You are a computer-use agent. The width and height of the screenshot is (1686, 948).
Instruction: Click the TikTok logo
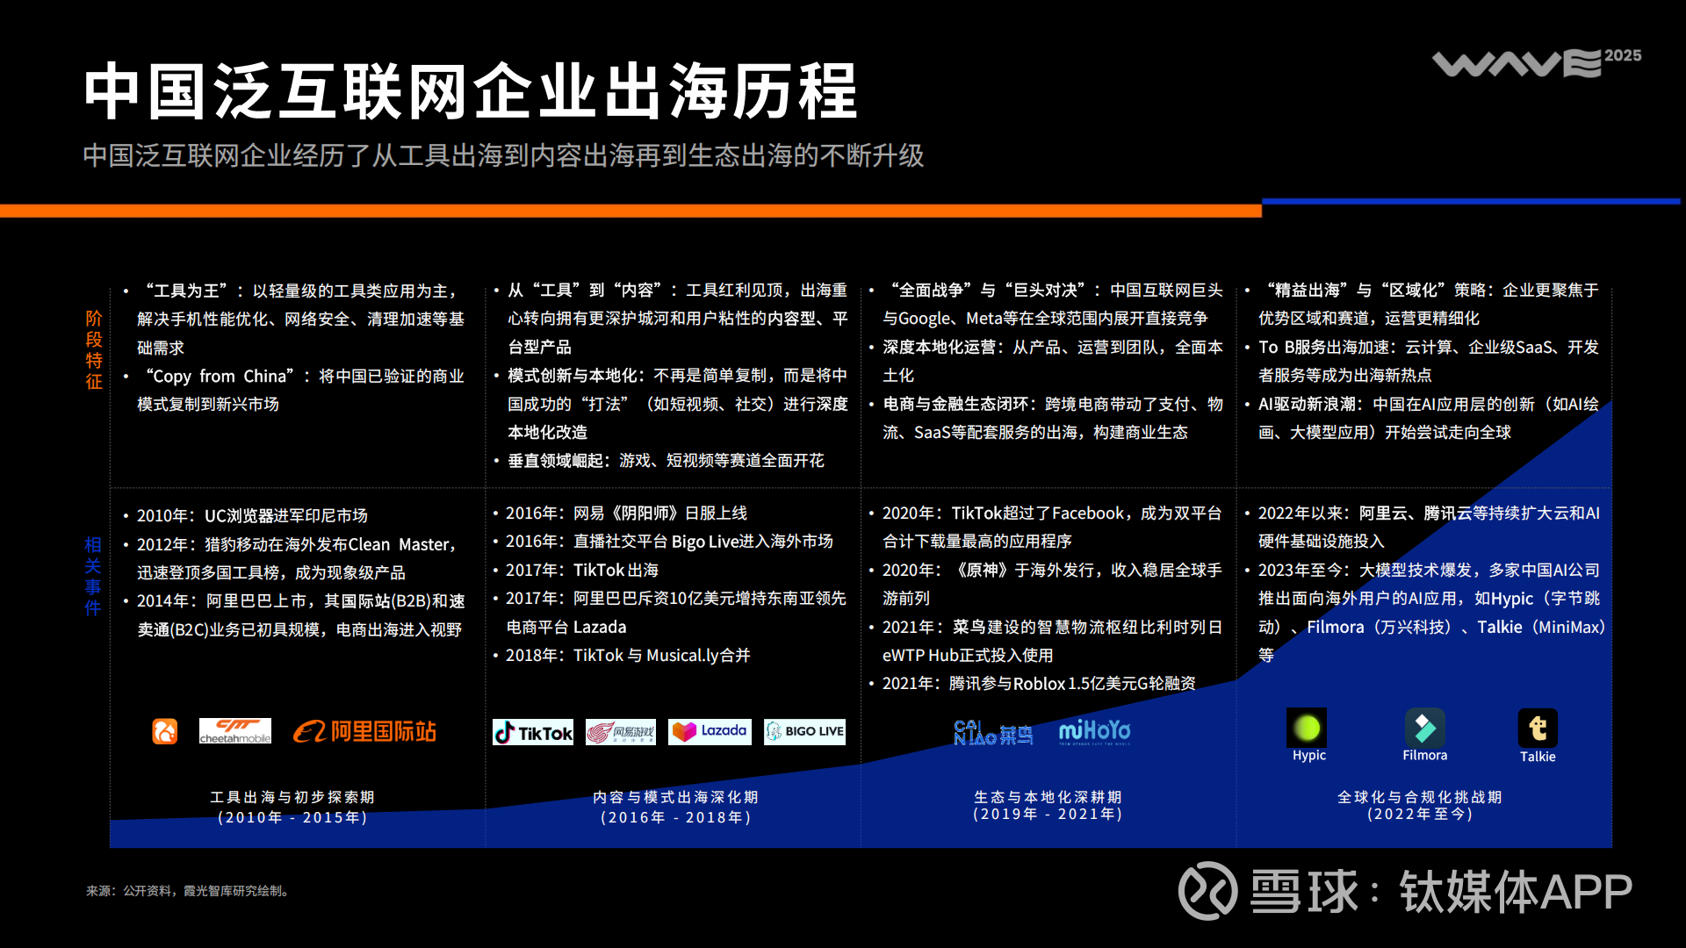(x=533, y=732)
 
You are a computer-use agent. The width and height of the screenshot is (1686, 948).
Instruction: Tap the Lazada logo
(x=710, y=731)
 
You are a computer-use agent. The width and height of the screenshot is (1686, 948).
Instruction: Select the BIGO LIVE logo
(x=804, y=731)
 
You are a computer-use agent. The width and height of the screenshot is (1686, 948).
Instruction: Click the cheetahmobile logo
(x=235, y=731)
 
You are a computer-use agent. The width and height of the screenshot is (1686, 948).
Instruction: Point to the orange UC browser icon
(x=165, y=731)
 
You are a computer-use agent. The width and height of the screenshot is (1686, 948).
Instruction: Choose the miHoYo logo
(x=1094, y=731)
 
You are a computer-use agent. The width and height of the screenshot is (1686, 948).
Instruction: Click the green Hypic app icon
(x=1307, y=728)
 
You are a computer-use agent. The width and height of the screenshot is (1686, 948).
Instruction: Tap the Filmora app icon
(x=1424, y=728)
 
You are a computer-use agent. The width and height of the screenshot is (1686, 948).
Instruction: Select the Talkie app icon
(x=1538, y=729)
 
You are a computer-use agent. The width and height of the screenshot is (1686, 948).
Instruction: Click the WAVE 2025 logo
(x=1537, y=62)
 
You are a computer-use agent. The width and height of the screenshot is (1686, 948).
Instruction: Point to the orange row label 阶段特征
(x=94, y=349)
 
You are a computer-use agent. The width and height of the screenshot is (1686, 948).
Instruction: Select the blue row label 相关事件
(x=93, y=576)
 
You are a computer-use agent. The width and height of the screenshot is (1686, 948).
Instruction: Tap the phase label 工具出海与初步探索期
(x=292, y=797)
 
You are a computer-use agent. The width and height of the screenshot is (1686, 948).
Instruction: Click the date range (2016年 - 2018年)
(x=676, y=817)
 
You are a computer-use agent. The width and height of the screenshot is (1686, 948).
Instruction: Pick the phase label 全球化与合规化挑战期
(x=1420, y=797)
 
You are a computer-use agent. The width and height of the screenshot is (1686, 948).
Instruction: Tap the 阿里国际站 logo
(x=364, y=731)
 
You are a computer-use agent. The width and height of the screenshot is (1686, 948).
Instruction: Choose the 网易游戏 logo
(x=621, y=732)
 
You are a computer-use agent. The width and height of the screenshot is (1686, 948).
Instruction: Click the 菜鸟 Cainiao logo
(x=993, y=732)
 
